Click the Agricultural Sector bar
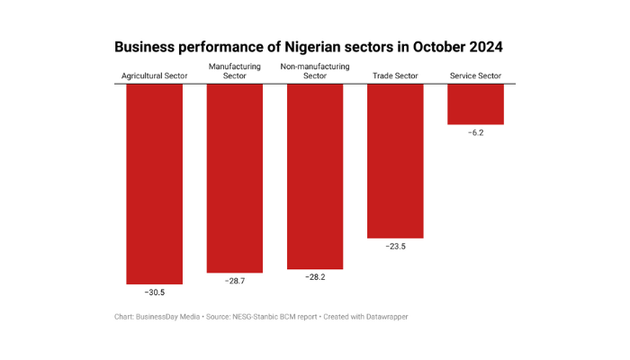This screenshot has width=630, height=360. point(155,184)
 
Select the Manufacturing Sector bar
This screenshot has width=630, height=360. point(235,178)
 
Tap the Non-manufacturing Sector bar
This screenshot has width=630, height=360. point(315,176)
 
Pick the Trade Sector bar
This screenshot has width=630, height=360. point(395,161)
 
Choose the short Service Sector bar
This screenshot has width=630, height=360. point(475,103)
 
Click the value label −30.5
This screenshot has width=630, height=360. point(155,292)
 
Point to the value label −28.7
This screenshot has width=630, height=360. point(235,282)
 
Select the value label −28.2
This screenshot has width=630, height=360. point(315,278)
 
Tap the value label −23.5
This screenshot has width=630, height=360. point(395,247)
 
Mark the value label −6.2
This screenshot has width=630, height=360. point(475,133)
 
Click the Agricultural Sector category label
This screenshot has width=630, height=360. point(155,76)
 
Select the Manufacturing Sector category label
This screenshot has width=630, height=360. point(235,71)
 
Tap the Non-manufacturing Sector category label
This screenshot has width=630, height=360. point(315,71)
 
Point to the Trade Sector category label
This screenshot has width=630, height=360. point(395,76)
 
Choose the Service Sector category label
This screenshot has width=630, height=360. point(475,76)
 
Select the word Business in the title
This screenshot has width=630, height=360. point(147,46)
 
